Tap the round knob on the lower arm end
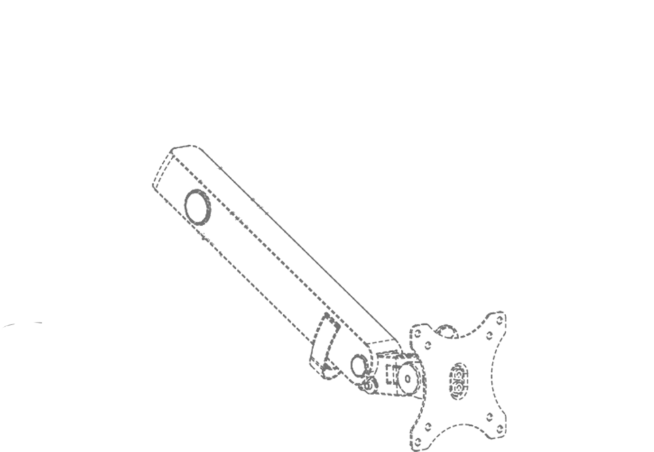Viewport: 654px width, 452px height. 359,364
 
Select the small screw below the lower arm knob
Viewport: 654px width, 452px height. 370,384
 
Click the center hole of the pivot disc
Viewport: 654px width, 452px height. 407,378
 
